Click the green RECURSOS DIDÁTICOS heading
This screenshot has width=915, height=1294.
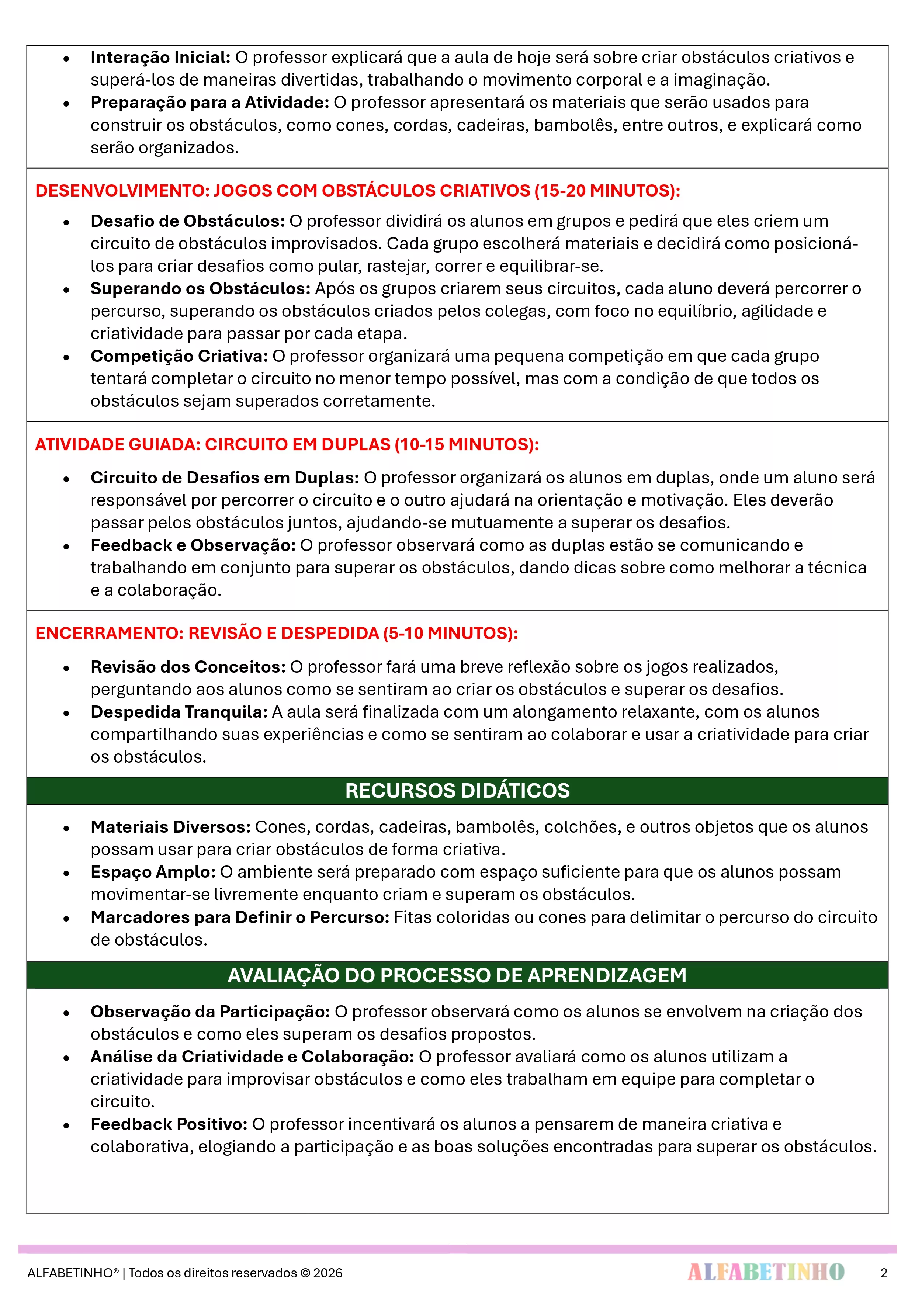pyautogui.click(x=457, y=791)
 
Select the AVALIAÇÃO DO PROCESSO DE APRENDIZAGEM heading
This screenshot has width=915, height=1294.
pyautogui.click(x=457, y=976)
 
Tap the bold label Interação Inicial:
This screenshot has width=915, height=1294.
pyautogui.click(x=160, y=58)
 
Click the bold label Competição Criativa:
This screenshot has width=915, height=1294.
pyautogui.click(x=179, y=356)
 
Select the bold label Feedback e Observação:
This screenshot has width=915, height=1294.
pyautogui.click(x=193, y=545)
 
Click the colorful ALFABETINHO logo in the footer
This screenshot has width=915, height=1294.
pyautogui.click(x=766, y=1272)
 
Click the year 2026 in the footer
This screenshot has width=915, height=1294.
pyautogui.click(x=328, y=1273)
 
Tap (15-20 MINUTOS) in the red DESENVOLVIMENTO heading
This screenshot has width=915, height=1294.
pyautogui.click(x=607, y=191)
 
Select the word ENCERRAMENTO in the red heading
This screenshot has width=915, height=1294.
pyautogui.click(x=109, y=634)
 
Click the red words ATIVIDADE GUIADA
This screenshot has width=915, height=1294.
pyautogui.click(x=117, y=445)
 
